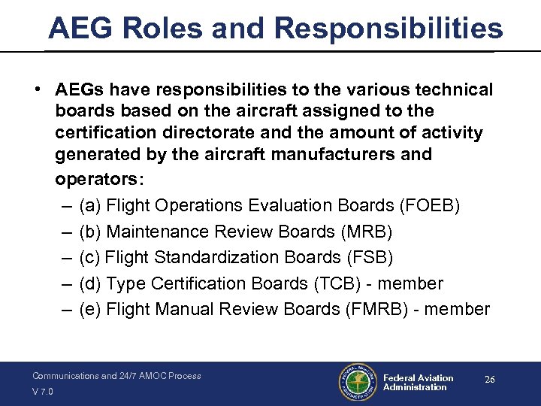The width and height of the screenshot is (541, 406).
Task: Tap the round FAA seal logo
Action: [358, 383]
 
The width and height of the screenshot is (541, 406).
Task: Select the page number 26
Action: [489, 380]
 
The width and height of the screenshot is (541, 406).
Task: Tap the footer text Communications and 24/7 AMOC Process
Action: [116, 376]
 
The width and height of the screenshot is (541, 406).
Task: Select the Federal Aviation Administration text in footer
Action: [418, 383]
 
